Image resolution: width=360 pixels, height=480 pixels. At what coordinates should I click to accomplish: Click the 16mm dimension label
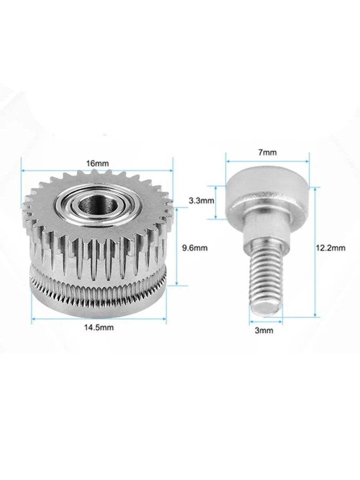[x=97, y=163]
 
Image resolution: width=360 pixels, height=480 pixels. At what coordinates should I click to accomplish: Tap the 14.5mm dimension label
[x=99, y=328]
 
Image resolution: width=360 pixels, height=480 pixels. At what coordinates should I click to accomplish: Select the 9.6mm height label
[x=195, y=248]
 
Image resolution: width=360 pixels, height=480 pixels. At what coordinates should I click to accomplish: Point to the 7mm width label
[x=267, y=152]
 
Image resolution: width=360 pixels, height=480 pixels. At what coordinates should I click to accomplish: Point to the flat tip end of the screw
[x=266, y=309]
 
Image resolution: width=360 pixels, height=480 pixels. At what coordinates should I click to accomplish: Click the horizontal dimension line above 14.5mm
[x=98, y=319]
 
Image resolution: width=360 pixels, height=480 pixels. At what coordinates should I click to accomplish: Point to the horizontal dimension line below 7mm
[x=267, y=161]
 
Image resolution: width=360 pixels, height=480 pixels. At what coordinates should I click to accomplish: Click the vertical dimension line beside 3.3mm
[x=216, y=202]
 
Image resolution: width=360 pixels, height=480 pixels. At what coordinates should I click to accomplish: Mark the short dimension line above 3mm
[x=265, y=320]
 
